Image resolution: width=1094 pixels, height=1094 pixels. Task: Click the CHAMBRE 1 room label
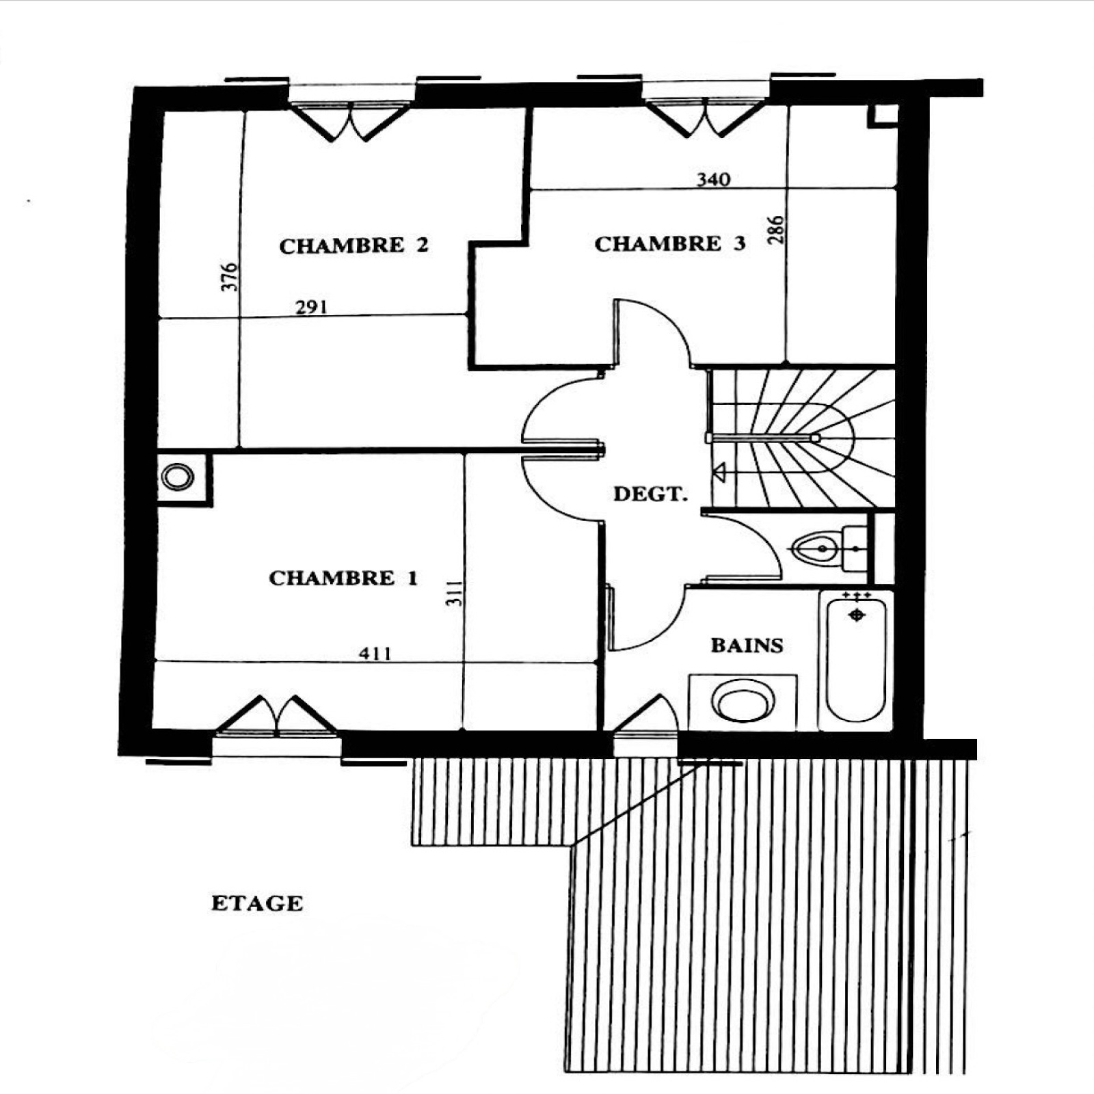point(343,578)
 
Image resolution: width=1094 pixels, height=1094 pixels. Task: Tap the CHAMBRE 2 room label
point(354,245)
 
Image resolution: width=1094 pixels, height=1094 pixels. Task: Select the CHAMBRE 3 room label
point(670,244)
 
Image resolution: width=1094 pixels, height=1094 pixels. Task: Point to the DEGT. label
point(650,494)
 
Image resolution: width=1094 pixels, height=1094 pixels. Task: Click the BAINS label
point(747,645)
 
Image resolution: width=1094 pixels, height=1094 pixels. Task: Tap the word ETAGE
point(257,903)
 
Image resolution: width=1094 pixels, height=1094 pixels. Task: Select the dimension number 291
point(311,308)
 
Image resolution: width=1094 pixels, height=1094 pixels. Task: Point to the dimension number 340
point(713,180)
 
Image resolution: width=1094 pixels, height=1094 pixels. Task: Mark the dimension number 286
point(776,230)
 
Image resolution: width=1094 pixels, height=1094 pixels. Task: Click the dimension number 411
point(375,654)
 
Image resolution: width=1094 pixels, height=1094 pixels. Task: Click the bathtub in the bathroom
point(855,660)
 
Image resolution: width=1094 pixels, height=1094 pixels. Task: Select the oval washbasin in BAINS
point(743,701)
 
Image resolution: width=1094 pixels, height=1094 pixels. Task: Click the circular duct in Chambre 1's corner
point(178,477)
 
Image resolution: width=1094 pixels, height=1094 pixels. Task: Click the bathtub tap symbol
point(856,615)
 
